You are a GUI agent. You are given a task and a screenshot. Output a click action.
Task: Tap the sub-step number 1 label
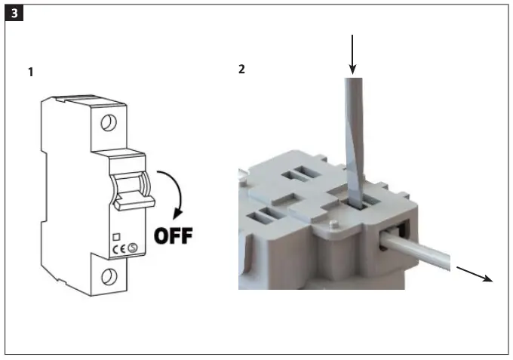click(x=30, y=72)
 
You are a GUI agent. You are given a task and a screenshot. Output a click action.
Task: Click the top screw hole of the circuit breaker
click(x=110, y=121)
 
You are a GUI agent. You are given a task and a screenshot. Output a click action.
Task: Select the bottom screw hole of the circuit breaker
click(x=110, y=274)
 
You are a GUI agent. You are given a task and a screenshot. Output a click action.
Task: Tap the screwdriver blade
click(x=352, y=136)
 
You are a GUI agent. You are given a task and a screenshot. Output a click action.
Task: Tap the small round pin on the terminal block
click(x=333, y=225)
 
